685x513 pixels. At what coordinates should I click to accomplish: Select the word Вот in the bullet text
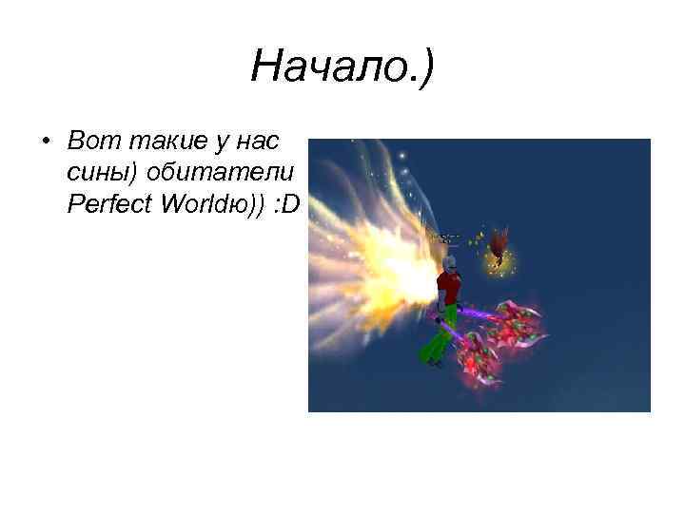[x=88, y=142]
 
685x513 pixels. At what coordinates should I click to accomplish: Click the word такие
[x=153, y=142]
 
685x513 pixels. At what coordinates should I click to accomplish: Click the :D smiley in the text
[x=284, y=204]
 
